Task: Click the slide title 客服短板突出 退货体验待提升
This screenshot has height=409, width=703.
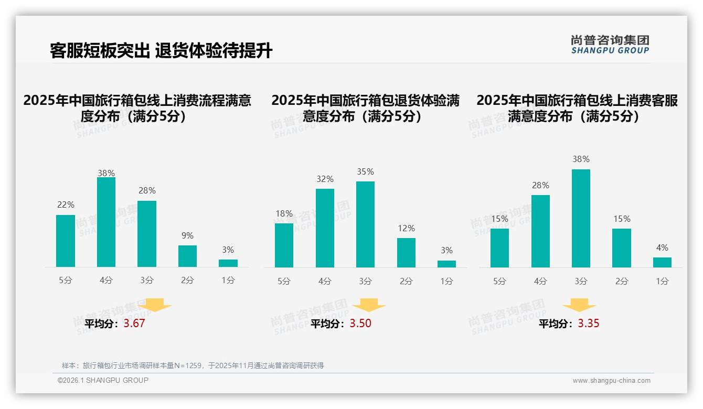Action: [x=161, y=51]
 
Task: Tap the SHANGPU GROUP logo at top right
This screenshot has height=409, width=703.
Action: [x=610, y=45]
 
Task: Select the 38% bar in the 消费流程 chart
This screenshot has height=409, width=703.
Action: [x=106, y=222]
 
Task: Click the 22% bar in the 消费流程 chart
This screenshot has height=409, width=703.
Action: [x=66, y=241]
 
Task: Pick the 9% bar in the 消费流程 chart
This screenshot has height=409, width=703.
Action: [x=187, y=256]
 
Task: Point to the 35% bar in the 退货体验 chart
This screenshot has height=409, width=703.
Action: [x=365, y=224]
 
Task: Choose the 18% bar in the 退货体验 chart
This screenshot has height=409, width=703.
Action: [x=284, y=245]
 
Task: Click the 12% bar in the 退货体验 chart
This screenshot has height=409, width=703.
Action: [x=406, y=253]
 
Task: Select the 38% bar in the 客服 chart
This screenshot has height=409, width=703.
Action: [x=581, y=218]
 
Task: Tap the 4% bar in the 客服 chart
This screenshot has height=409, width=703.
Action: [x=662, y=262]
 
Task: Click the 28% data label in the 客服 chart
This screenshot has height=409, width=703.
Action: [x=540, y=186]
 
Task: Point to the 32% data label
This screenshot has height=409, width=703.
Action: [x=325, y=179]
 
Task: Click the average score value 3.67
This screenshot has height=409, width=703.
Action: [x=134, y=324]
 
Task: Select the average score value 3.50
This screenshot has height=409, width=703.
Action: [x=360, y=324]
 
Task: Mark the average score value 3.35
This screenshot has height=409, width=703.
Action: [x=589, y=324]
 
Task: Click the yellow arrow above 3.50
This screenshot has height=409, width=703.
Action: [x=369, y=305]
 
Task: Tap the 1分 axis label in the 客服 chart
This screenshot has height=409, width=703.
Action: [x=662, y=282]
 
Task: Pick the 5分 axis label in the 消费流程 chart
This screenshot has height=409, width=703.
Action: [x=66, y=281]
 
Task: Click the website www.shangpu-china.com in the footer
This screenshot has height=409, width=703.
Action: [x=611, y=381]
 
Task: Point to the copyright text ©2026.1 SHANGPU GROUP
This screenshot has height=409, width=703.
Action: [x=103, y=380]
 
